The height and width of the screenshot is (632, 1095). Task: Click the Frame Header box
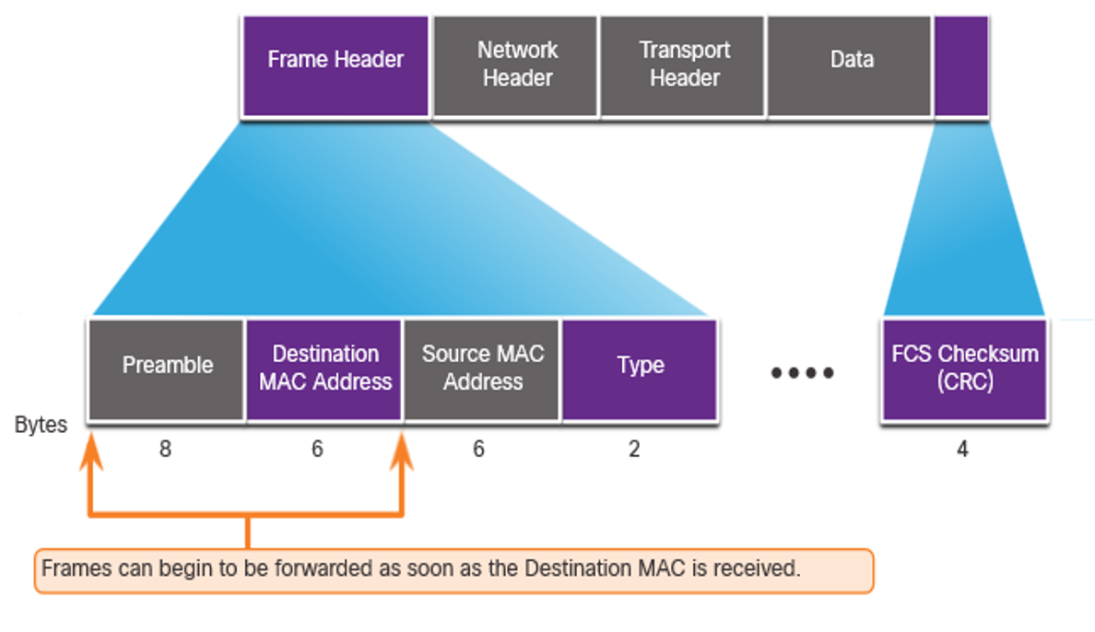pos(336,66)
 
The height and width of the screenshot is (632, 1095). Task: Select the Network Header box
pos(516,66)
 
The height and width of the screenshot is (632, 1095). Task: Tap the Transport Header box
pos(683,66)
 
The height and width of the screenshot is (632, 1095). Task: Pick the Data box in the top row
pos(850,66)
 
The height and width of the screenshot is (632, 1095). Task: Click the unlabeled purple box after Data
pos(961,66)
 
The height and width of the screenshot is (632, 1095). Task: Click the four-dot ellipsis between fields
pos(803,373)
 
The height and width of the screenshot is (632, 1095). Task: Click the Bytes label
pos(41,426)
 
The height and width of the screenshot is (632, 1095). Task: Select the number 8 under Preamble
pos(166,449)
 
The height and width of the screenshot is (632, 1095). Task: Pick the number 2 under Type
pos(634,449)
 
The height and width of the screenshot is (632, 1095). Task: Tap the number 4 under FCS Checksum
pos(962,449)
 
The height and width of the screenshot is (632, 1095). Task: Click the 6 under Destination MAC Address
pos(317,449)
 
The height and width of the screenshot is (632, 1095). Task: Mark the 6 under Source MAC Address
pos(478,449)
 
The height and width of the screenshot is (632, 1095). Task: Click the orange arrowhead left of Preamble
pos(90,451)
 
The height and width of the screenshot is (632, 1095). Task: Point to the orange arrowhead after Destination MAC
pos(402,451)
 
